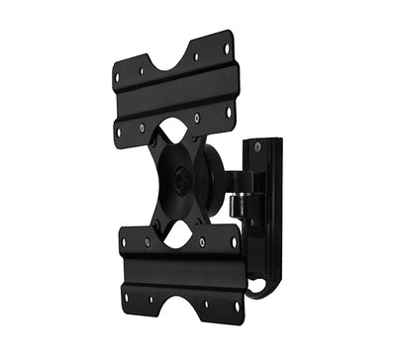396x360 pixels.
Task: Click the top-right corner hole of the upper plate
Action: (x=226, y=46)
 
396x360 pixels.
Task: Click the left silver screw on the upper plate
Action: (x=144, y=128)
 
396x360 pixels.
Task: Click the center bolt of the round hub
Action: (x=183, y=182)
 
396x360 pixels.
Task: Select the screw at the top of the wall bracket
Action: (x=257, y=147)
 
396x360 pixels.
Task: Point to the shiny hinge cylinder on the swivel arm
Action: (x=239, y=205)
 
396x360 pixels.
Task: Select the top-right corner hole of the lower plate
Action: (x=233, y=239)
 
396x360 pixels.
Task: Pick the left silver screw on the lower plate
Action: (x=148, y=241)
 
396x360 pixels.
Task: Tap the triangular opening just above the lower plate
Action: (x=177, y=235)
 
